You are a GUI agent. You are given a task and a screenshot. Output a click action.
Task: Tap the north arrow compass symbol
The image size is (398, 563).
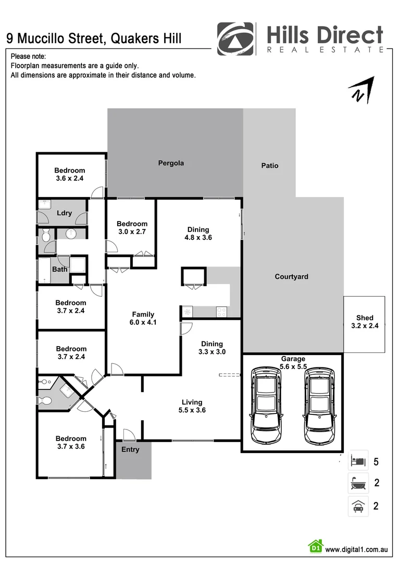(361, 90)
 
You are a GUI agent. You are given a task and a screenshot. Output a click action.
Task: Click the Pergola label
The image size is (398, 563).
(171, 163)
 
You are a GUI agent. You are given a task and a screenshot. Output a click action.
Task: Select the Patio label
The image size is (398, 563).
(269, 166)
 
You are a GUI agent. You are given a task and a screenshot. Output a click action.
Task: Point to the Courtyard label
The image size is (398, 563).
(291, 277)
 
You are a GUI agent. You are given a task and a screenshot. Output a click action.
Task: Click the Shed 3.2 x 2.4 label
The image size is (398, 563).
(365, 322)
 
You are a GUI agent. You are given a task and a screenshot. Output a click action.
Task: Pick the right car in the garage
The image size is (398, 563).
(319, 402)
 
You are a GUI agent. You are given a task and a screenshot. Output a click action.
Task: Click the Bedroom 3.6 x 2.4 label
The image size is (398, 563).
(70, 174)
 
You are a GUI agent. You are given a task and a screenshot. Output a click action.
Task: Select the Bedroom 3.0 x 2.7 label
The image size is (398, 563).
(132, 228)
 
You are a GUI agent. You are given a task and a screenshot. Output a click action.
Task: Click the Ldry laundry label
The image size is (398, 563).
(64, 213)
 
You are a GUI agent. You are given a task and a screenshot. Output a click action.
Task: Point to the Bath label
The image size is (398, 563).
(59, 270)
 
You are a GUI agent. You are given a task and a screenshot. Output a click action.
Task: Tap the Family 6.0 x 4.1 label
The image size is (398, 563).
(143, 318)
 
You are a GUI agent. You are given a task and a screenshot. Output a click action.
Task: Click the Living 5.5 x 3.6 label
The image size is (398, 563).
(192, 406)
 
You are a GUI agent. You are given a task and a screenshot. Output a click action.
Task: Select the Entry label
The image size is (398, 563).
(130, 449)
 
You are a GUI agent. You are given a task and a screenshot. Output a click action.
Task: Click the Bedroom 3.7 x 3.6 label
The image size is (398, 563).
(70, 443)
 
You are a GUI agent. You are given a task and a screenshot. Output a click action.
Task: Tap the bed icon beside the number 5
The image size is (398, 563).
(358, 461)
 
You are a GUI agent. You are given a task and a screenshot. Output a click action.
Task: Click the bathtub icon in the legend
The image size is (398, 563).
(358, 483)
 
